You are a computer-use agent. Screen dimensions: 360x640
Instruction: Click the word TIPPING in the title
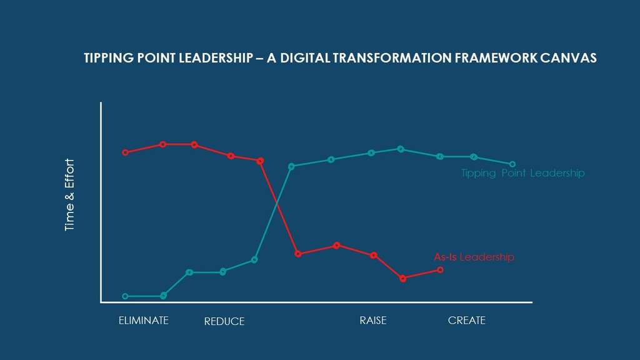pyautogui.click(x=106, y=58)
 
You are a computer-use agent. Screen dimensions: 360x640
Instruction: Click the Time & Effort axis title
pyautogui.click(x=69, y=196)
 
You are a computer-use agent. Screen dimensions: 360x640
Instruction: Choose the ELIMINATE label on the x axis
pyautogui.click(x=143, y=321)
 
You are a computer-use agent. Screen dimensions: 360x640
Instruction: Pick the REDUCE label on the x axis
pyautogui.click(x=224, y=322)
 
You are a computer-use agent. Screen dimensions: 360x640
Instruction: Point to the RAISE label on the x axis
pyautogui.click(x=373, y=321)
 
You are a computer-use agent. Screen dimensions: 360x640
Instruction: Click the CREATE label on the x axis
pyautogui.click(x=467, y=321)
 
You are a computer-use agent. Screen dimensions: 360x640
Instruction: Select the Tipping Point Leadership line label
pyautogui.click(x=522, y=174)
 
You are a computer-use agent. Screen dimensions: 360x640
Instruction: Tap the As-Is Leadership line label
pyautogui.click(x=474, y=257)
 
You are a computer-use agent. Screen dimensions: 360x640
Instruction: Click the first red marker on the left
pyautogui.click(x=126, y=152)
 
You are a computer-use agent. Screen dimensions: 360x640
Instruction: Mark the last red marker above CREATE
pyautogui.click(x=440, y=270)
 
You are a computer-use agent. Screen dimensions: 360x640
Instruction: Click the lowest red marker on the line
pyautogui.click(x=403, y=279)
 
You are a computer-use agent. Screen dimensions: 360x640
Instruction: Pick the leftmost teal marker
pyautogui.click(x=126, y=296)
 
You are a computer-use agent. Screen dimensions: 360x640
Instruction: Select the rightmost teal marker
pyautogui.click(x=512, y=164)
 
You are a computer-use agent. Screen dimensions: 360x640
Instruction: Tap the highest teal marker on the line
pyautogui.click(x=401, y=149)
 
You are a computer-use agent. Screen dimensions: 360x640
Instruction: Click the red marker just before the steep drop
pyautogui.click(x=261, y=161)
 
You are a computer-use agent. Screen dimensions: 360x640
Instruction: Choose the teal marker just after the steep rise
pyautogui.click(x=291, y=166)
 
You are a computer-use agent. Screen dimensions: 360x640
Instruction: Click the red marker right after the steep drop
pyautogui.click(x=298, y=254)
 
